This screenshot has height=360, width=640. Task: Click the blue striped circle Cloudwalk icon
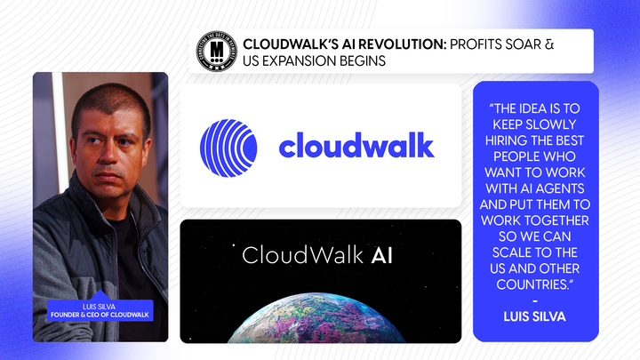pyautogui.click(x=228, y=145)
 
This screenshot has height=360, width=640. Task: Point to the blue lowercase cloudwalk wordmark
pyautogui.click(x=356, y=145)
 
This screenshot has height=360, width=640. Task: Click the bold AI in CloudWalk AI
pyautogui.click(x=380, y=256)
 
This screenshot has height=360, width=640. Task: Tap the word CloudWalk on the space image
pyautogui.click(x=300, y=256)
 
